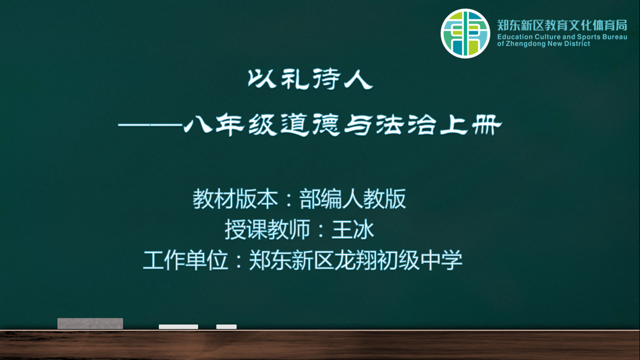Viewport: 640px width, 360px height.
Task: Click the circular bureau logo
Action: click(x=465, y=33)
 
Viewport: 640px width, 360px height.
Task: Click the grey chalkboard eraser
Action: click(x=90, y=323)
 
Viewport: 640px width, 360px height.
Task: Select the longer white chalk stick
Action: click(x=179, y=327)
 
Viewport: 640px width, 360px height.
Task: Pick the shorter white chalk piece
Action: click(x=226, y=327)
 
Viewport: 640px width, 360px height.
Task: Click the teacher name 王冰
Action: click(x=353, y=230)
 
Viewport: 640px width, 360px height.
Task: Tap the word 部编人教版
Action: click(x=353, y=199)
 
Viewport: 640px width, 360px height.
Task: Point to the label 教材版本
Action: click(x=235, y=199)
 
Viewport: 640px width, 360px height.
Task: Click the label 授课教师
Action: click(x=268, y=230)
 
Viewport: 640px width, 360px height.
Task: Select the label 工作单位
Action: click(x=186, y=260)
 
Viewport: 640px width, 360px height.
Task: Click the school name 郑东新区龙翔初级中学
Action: click(x=356, y=260)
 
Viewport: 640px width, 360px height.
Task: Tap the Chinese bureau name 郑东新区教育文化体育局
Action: click(x=562, y=25)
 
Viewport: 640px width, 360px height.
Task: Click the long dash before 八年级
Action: click(x=150, y=125)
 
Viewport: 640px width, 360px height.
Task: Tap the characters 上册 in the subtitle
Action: click(x=471, y=125)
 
